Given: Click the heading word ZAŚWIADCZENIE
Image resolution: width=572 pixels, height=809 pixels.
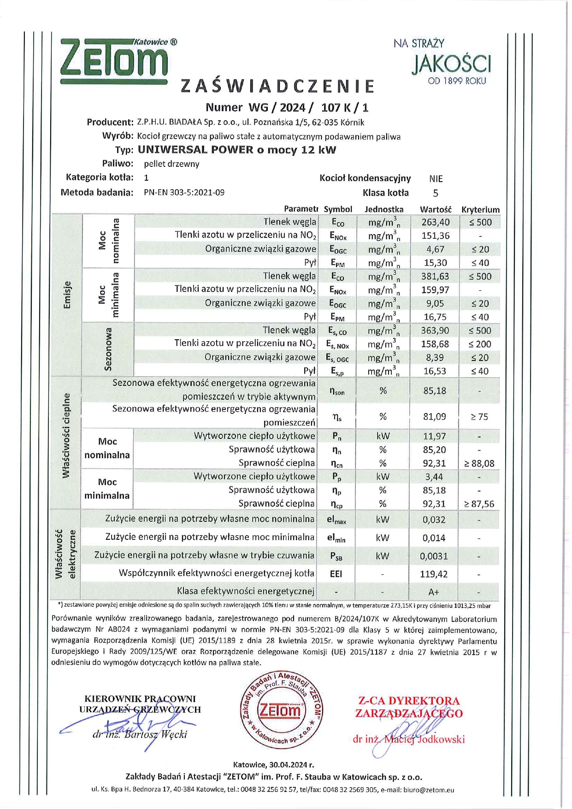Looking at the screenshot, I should pos(277,86).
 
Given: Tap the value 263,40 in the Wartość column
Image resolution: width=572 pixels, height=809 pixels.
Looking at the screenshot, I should pos(435,222).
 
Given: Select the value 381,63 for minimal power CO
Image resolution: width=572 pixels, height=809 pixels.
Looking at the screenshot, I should pos(435,277).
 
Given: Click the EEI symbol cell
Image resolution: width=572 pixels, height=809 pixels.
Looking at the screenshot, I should pos(336,574).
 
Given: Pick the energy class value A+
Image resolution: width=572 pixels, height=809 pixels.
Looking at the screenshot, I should pos(434,592).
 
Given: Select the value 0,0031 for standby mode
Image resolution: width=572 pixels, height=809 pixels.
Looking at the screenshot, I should pos(434,556).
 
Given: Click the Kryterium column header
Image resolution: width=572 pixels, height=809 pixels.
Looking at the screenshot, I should pos(480,209).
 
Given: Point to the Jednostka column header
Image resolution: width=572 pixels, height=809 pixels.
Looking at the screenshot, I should pos(383,209).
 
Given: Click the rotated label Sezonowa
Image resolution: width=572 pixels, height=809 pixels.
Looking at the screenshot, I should pos(108,349).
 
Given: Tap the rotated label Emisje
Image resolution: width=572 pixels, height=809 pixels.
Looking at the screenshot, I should pos(67,295).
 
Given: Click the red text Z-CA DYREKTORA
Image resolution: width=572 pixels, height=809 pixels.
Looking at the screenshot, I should pos(409,701).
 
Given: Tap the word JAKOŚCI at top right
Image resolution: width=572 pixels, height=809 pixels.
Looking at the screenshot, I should pos(451,64).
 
